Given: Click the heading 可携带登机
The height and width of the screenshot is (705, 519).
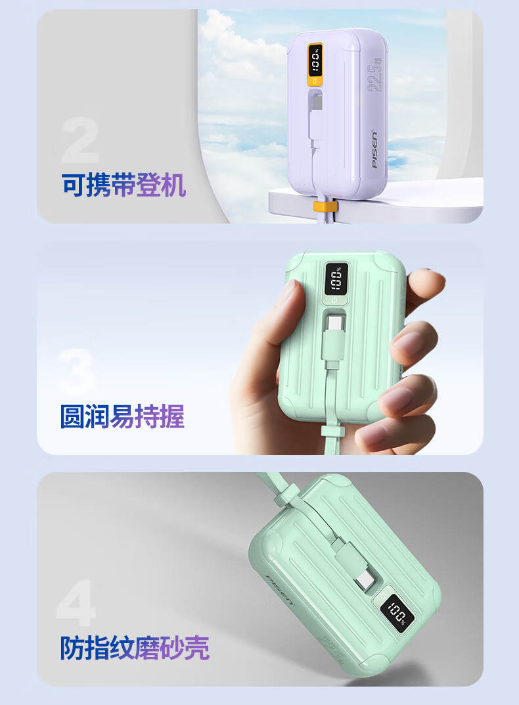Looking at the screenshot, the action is pos(124,185).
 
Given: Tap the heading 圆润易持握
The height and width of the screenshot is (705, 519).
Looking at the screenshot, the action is pos(122,416).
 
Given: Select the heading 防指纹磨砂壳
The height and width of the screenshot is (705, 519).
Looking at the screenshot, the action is pos(135,648).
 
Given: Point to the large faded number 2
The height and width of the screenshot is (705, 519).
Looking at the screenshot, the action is pos(80,140).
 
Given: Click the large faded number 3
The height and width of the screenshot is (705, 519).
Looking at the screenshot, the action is pos(77,372).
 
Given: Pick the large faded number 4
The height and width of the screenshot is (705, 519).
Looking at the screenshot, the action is pos(76,602).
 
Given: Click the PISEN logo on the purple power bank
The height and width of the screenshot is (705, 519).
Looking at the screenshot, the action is pos(374,149).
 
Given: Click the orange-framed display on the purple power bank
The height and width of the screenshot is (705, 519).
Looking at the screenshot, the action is pos(315,64).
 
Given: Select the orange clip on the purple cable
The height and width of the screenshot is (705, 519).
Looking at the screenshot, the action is pos(325,207).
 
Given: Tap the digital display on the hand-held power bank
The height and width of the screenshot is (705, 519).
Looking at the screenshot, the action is pos(336,278).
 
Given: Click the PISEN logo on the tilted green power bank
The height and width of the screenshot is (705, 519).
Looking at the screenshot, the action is pos(279,589).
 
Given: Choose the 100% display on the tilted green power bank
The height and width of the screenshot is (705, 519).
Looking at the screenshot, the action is pos(397,614).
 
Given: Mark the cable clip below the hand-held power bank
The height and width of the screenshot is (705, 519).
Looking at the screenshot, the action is pos(332,432).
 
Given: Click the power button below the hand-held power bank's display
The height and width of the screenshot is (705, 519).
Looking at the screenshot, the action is pos(334,300).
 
